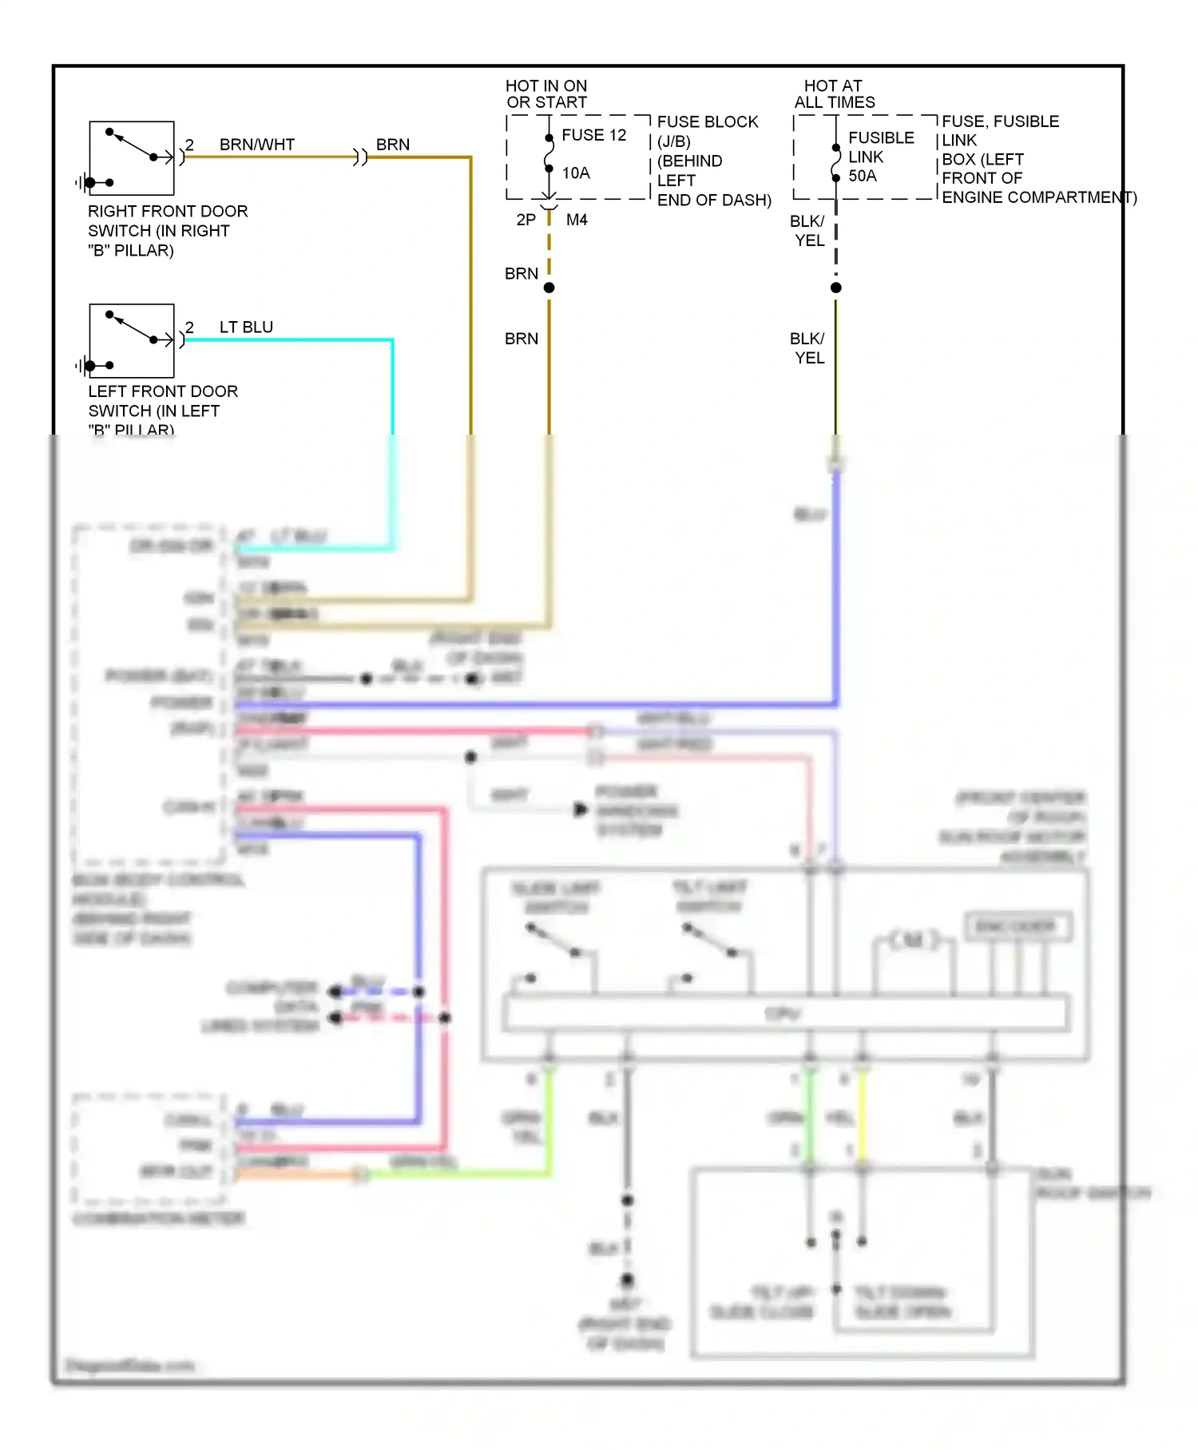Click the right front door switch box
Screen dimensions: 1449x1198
click(x=132, y=158)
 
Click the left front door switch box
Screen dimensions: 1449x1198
click(x=132, y=340)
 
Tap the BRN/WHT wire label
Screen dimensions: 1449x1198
click(x=257, y=145)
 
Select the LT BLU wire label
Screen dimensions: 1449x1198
click(x=246, y=327)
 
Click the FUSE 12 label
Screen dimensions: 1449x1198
click(x=594, y=135)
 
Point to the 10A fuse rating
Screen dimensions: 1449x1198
click(x=576, y=173)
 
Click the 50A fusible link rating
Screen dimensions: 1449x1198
click(x=863, y=176)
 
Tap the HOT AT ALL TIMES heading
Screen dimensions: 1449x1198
click(x=834, y=94)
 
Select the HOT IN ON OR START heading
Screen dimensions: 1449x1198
click(x=547, y=94)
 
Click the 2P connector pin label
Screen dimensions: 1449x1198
click(x=526, y=220)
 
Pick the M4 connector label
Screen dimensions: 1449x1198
click(x=577, y=220)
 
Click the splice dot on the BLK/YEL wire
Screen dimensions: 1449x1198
click(x=836, y=288)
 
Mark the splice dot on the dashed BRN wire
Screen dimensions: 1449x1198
click(x=549, y=288)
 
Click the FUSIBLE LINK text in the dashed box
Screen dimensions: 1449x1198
click(x=881, y=147)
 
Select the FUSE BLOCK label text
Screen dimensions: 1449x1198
click(x=708, y=122)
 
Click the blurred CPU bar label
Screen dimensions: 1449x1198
click(x=782, y=1014)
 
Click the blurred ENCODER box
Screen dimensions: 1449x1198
click(x=1017, y=927)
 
